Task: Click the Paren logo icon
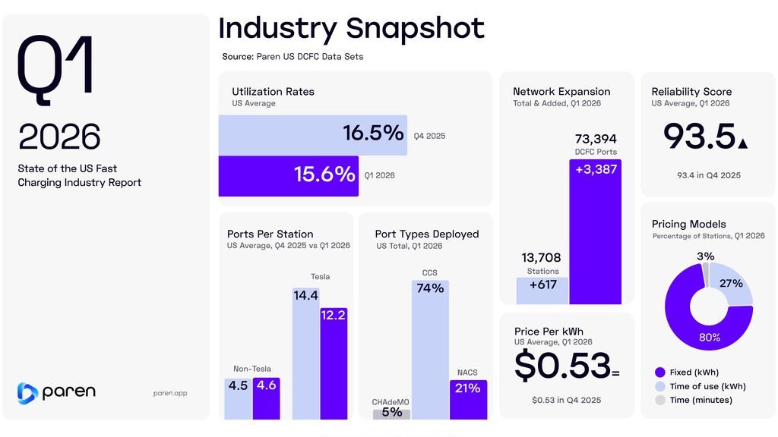(27, 393)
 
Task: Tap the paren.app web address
(170, 393)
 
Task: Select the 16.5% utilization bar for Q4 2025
(312, 135)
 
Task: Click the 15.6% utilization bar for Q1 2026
(289, 176)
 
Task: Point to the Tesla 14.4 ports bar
(306, 353)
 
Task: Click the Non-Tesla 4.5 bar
(238, 398)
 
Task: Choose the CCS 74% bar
(430, 349)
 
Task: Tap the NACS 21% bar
(468, 399)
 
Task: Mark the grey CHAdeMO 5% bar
(391, 414)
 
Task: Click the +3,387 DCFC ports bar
(595, 231)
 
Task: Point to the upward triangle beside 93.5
(742, 143)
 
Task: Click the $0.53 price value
(562, 366)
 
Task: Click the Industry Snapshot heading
(351, 28)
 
